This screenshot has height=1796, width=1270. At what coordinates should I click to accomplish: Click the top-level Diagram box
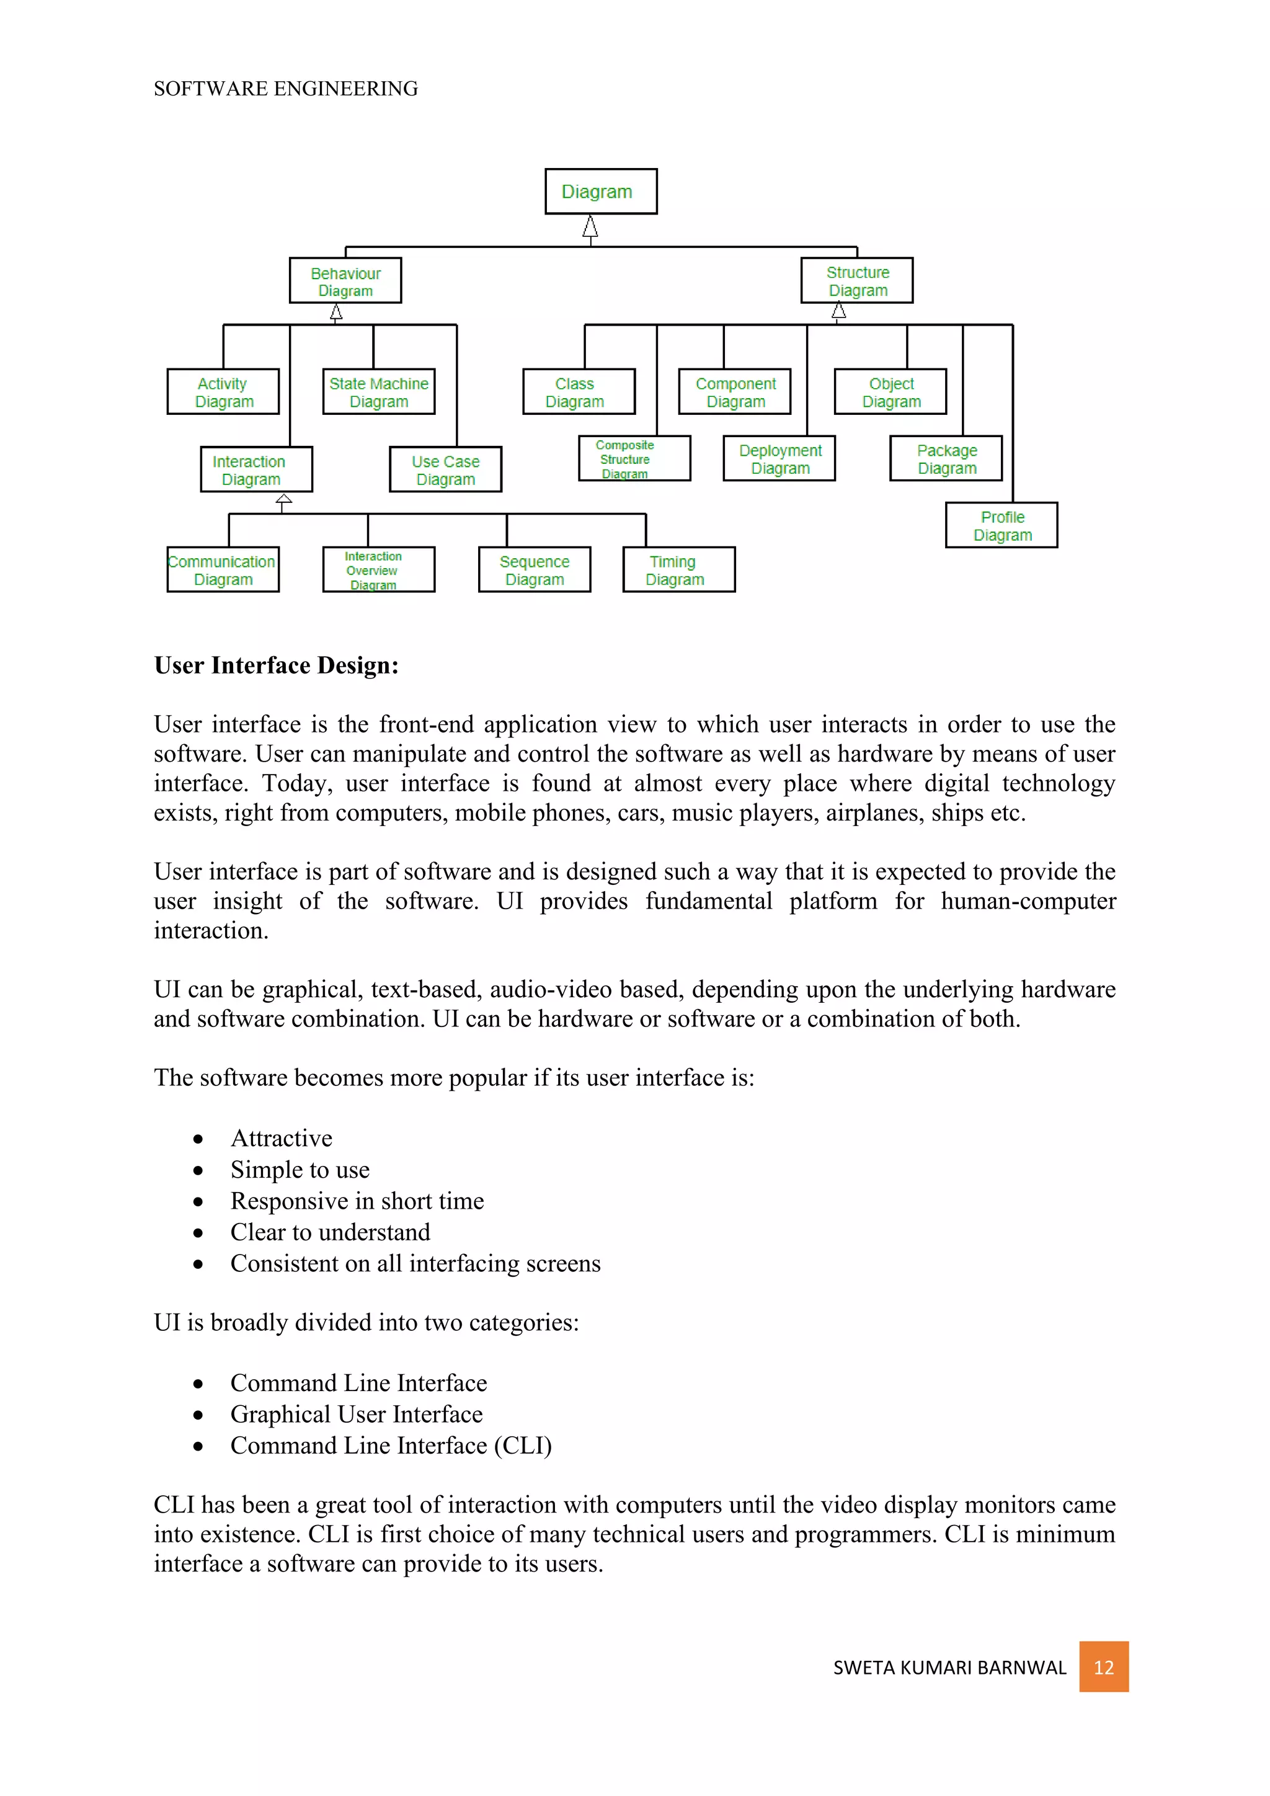(x=601, y=192)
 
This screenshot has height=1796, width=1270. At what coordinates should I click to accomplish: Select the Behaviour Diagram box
(x=345, y=281)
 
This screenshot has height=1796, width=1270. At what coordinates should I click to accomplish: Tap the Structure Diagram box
(x=856, y=281)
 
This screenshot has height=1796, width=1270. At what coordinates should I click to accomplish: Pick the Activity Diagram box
(x=223, y=392)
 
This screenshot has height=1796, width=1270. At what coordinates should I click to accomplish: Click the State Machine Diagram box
(x=378, y=392)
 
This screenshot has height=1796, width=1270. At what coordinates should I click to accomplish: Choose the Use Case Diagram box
(x=445, y=469)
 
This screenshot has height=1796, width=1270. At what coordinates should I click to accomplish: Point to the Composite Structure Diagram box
(x=634, y=458)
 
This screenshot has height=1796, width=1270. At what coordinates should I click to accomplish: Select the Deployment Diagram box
(x=779, y=458)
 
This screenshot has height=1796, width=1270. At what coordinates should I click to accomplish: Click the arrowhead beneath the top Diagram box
(x=590, y=228)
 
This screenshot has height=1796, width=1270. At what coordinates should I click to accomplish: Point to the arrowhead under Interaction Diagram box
(x=284, y=499)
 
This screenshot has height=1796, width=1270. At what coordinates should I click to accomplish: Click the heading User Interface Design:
(x=276, y=665)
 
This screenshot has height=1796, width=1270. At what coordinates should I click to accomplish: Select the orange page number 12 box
(x=1103, y=1667)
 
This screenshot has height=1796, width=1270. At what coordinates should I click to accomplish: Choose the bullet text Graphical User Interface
(x=357, y=1414)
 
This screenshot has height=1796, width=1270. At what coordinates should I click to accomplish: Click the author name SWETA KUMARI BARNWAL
(x=949, y=1668)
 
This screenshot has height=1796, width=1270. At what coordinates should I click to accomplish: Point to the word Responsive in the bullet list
(x=290, y=1201)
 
